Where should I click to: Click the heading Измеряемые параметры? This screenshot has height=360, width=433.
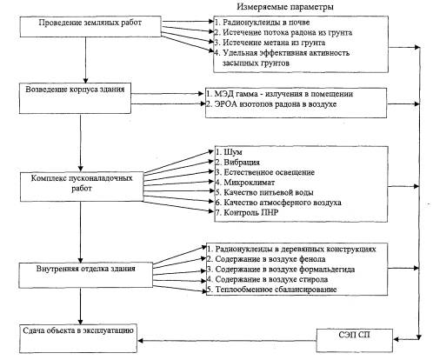coord(285,6)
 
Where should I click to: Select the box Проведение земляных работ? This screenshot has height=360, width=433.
coord(90,26)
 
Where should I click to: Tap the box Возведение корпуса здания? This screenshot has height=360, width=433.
coord(75,98)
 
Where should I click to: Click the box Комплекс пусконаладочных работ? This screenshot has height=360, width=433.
coord(82,187)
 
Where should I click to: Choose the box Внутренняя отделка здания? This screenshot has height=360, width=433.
coord(86,276)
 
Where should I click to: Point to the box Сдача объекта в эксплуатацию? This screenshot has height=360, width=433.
coord(78,338)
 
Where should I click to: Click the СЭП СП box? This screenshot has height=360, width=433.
coord(355,341)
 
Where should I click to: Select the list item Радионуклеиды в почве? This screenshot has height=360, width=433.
coord(263,23)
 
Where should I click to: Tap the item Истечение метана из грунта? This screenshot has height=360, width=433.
coord(270,43)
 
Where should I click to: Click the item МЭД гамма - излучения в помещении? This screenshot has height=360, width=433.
coord(280,94)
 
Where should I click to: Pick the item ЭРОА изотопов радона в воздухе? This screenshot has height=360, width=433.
coord(271,104)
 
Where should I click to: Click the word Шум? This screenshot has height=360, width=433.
coord(233,152)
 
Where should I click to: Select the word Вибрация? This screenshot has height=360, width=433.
coord(242,163)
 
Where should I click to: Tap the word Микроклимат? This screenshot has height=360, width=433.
coord(250,183)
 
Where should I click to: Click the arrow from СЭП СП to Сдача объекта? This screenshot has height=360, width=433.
coord(227,341)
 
